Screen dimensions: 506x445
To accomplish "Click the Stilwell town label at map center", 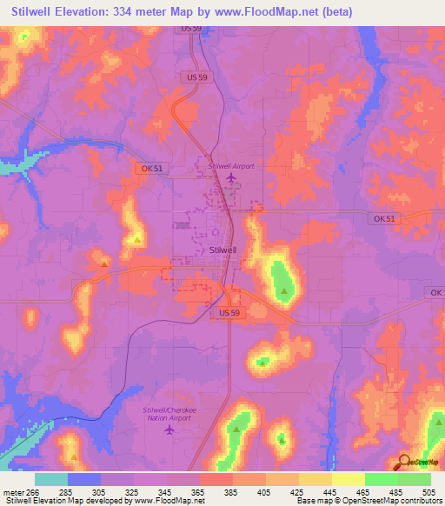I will (223, 250).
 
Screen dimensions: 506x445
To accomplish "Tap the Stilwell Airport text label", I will (231, 165).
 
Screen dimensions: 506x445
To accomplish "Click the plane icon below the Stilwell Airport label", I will (231, 180).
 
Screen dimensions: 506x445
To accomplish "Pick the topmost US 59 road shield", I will (193, 29).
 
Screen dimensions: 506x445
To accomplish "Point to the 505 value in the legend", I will (429, 491).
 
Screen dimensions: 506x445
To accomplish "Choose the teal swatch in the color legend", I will (51, 479).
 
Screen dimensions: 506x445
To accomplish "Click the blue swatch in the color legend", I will (84, 479).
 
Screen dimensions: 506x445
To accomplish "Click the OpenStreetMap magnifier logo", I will (404, 462).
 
